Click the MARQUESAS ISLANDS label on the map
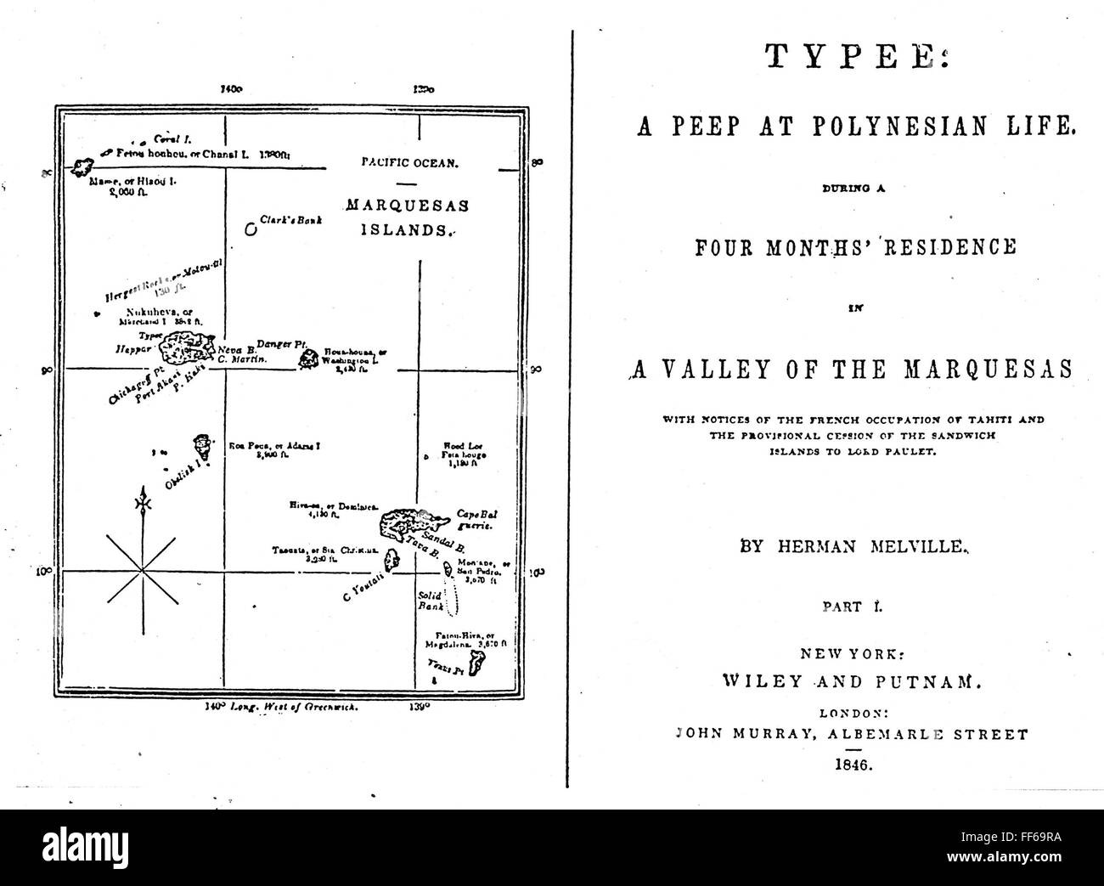[x=407, y=217]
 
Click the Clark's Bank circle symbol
[x=251, y=229]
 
